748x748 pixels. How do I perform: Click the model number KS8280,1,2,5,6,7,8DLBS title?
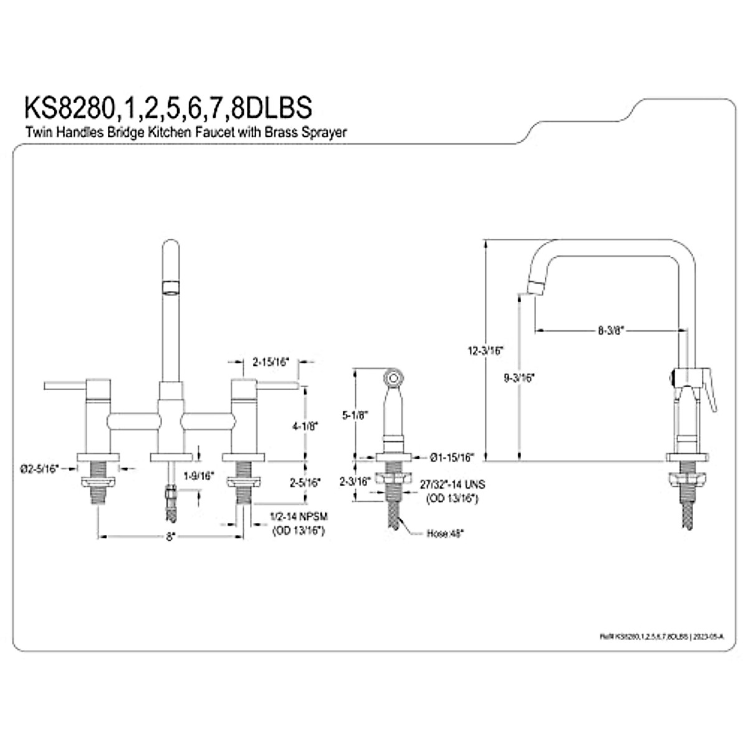167,107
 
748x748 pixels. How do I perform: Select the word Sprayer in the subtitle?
327,132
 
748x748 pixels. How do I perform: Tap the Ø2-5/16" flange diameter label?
39,467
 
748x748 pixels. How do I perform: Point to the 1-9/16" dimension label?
199,476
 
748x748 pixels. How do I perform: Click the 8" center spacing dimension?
170,535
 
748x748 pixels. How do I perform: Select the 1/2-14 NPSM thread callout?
299,517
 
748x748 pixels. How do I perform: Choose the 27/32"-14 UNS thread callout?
452,484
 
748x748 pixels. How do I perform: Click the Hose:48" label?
445,534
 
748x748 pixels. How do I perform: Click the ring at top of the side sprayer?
393,377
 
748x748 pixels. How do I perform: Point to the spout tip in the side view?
535,288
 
